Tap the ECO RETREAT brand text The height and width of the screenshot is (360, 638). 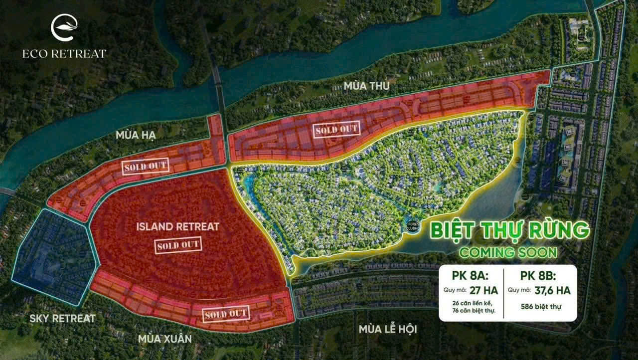click(x=64, y=53)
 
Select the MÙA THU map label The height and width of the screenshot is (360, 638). click(x=366, y=86)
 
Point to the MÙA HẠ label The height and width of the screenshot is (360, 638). click(x=136, y=135)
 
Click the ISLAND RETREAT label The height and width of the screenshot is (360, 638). click(x=178, y=227)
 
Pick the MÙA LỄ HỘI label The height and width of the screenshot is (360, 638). click(x=387, y=330)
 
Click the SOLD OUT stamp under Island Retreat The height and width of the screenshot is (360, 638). click(x=178, y=245)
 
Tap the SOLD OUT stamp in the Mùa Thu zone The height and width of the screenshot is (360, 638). click(x=337, y=130)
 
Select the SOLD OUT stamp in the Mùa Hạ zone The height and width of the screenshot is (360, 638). click(x=145, y=166)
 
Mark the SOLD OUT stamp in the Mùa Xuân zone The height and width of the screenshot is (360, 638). click(x=226, y=314)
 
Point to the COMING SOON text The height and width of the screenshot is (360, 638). click(x=508, y=252)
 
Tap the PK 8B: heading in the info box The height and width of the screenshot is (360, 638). click(x=537, y=276)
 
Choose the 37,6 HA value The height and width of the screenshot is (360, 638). click(x=550, y=290)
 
